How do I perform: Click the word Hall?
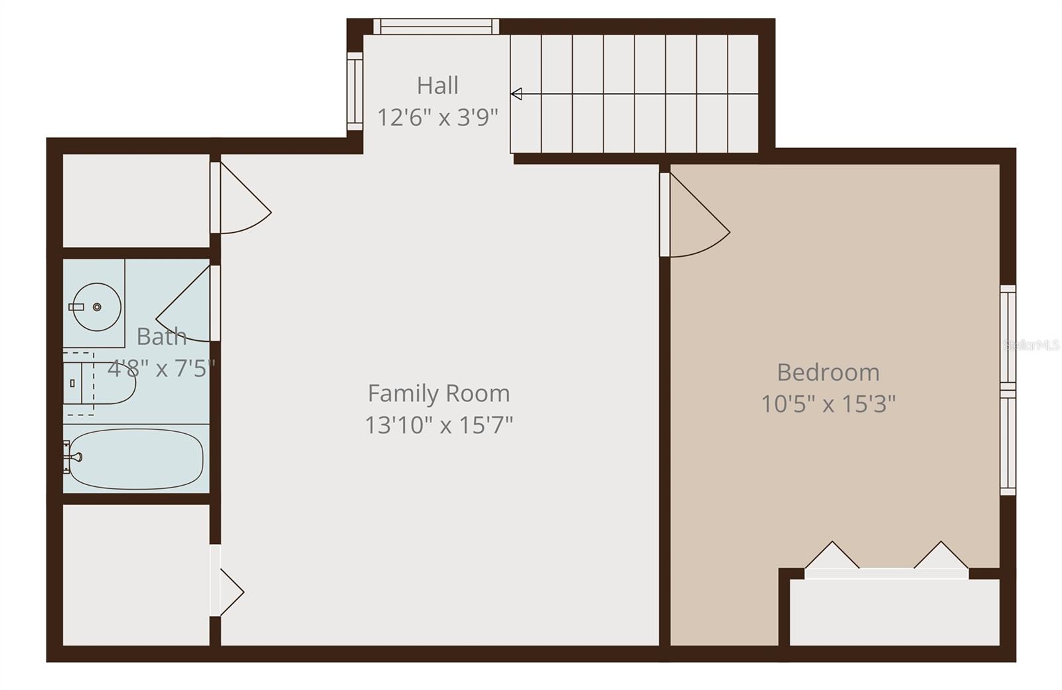point(437,86)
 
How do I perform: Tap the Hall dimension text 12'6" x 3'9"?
point(437,117)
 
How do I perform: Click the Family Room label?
point(439,393)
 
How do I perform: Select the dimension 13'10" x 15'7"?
point(439,425)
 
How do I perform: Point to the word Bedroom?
point(828,372)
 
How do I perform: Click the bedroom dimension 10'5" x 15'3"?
point(828,403)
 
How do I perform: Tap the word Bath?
point(161,336)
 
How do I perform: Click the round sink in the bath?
point(97,307)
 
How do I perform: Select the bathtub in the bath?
point(136,458)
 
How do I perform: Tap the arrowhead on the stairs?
point(516,94)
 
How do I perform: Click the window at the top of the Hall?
point(435,27)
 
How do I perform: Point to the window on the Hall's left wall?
point(355,91)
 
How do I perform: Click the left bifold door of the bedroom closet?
point(831,557)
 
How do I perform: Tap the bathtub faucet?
point(74,456)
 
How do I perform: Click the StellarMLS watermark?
point(1031,345)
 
